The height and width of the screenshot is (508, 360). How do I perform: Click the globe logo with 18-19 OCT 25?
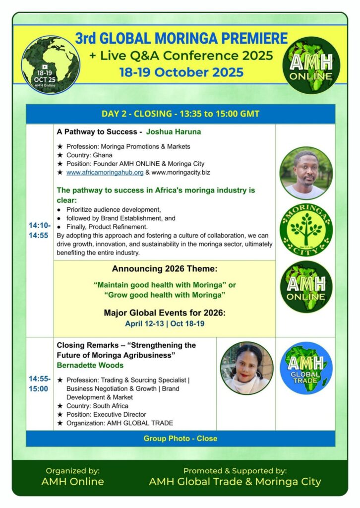[x=51, y=64]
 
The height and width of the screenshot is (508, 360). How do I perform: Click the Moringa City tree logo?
[x=305, y=229]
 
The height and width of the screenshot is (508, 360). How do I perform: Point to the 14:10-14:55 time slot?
[x=39, y=231]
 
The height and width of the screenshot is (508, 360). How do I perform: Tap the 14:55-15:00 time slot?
[x=39, y=383]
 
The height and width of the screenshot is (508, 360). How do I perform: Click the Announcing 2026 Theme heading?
[x=164, y=269]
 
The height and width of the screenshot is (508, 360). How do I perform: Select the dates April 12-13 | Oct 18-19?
[x=164, y=323]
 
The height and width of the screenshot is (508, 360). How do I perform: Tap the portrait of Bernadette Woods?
[x=246, y=368]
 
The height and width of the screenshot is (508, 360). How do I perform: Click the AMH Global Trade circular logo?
[x=305, y=368]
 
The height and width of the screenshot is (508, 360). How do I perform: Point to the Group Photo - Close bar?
[x=180, y=439]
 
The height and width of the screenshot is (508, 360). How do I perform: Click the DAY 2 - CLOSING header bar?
[x=180, y=114]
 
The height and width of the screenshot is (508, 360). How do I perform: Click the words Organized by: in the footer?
[x=72, y=471]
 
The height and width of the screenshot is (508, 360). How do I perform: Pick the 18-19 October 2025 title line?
[x=181, y=72]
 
